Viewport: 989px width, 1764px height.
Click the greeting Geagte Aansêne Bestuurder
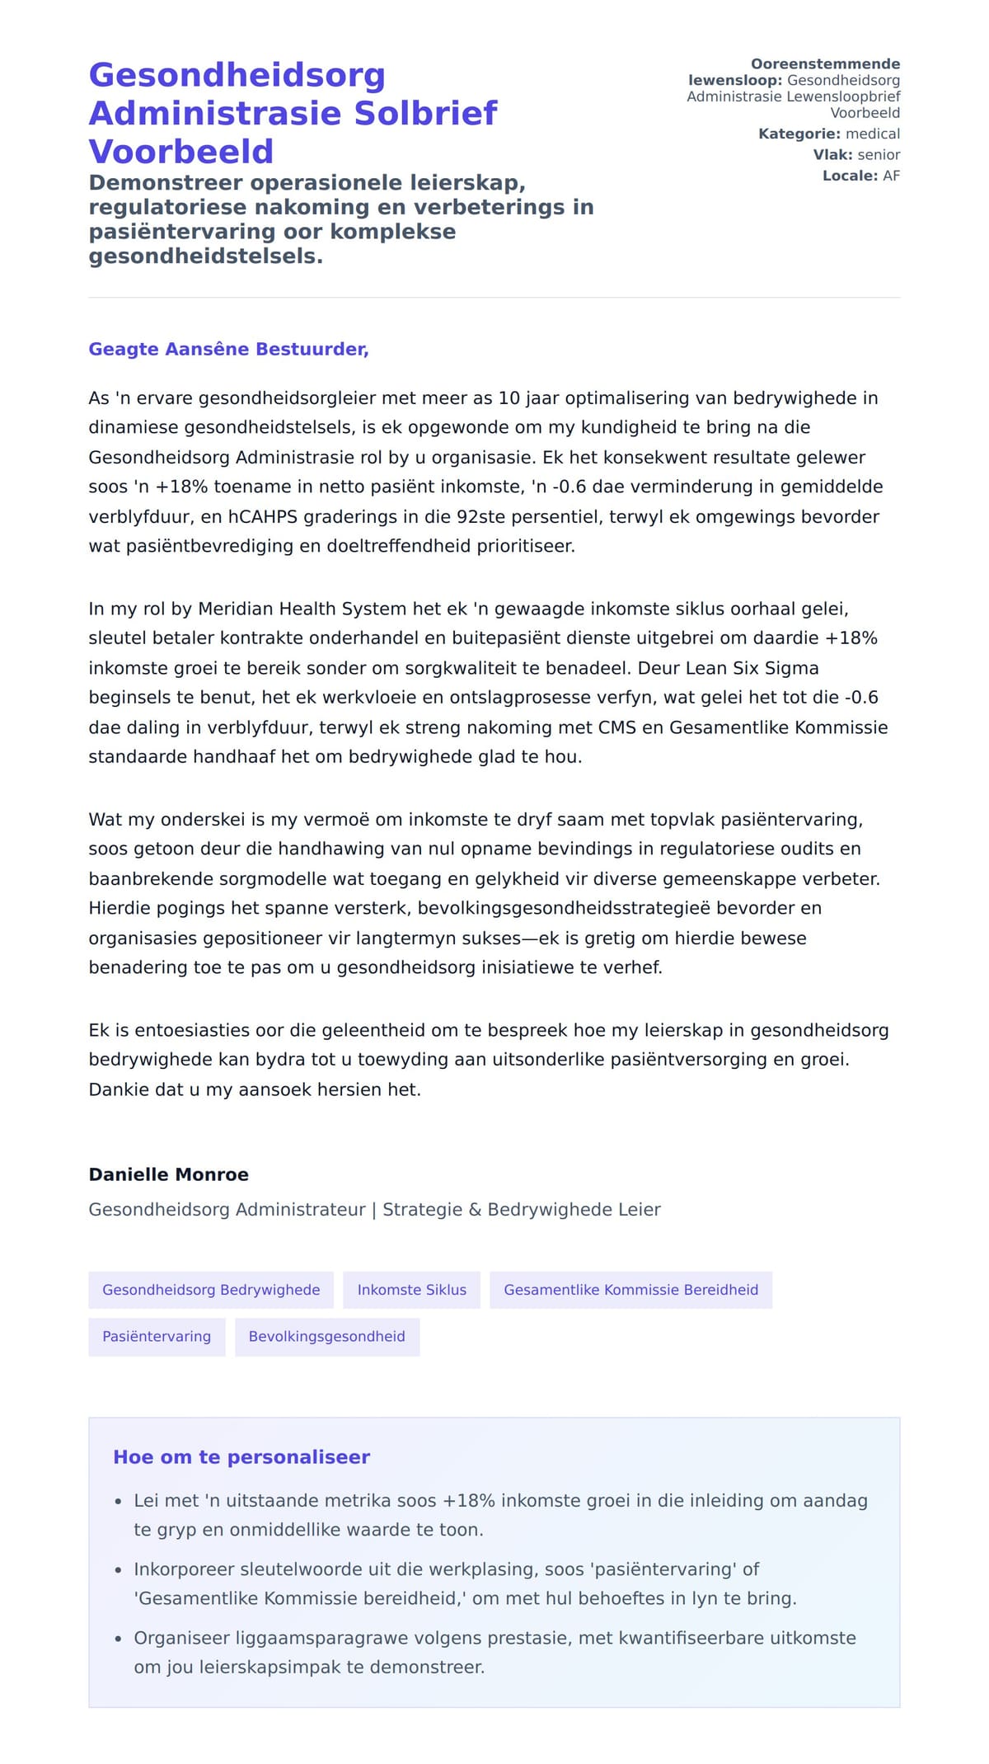228,349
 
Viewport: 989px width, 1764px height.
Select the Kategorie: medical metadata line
828,134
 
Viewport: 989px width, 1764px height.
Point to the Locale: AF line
860,176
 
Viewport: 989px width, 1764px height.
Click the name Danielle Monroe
168,1174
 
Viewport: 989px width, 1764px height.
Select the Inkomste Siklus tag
411,1290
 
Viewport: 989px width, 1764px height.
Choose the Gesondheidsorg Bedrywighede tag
211,1290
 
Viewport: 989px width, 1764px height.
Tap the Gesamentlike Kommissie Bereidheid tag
630,1290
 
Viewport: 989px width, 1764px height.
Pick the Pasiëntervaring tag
157,1337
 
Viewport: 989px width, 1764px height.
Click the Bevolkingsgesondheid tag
326,1337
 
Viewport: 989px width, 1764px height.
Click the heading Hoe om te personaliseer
241,1457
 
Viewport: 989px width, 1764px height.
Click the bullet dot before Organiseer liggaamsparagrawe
119,1639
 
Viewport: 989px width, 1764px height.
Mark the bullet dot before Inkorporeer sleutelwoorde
119,1570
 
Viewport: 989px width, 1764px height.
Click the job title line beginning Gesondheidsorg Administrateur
374,1210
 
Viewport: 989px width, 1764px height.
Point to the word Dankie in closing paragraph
114,1089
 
